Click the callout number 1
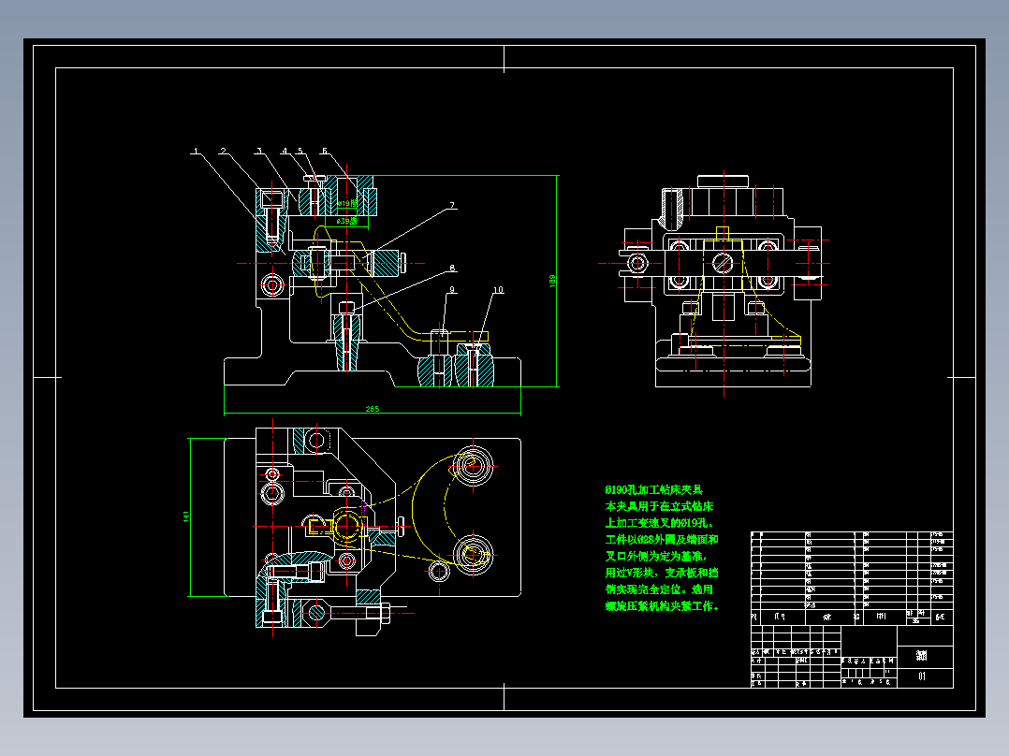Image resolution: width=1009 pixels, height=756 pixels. [x=196, y=151]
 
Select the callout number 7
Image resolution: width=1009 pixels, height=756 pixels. [x=451, y=205]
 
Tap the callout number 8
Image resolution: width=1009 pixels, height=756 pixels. [x=451, y=268]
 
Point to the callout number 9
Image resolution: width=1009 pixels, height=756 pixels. [x=451, y=291]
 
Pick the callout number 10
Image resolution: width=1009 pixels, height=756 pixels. [x=498, y=291]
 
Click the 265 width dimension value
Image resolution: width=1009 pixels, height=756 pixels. [x=373, y=408]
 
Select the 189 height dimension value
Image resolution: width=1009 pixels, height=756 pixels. [x=552, y=280]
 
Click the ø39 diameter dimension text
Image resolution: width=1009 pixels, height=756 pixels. [x=347, y=222]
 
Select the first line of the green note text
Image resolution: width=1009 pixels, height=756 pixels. [x=653, y=489]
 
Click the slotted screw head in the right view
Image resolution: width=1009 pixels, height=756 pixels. [x=722, y=263]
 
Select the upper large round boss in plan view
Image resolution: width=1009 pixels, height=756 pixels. [x=475, y=464]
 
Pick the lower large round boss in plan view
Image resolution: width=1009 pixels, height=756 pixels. [x=475, y=553]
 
